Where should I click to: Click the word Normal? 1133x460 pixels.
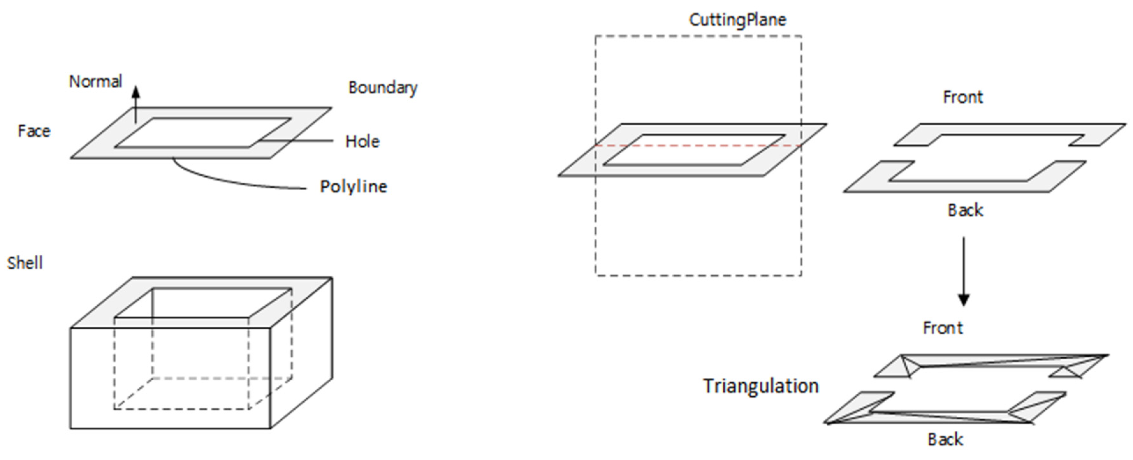click(95, 82)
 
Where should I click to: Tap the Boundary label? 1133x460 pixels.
click(383, 88)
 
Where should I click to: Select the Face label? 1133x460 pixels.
click(34, 131)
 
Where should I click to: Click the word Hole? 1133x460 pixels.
click(362, 142)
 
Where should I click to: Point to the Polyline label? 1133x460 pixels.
click(353, 186)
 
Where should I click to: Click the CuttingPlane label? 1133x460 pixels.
click(737, 20)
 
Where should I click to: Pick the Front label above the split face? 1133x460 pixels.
click(962, 97)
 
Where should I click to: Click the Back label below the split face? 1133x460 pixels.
click(965, 210)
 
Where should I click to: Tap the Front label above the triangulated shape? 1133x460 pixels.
click(943, 328)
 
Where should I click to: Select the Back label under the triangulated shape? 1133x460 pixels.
click(945, 439)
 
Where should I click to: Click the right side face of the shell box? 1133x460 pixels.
click(302, 352)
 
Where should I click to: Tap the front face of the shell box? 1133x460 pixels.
click(88, 378)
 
